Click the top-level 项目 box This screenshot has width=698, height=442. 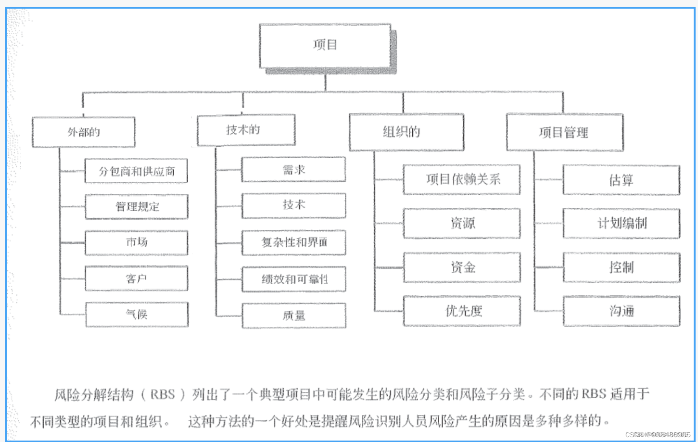[x=325, y=45]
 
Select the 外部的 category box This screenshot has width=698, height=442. [x=84, y=132]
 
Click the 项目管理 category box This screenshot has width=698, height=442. [x=564, y=132]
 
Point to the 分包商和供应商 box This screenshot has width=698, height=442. [x=136, y=171]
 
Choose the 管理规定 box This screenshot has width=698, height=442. [x=137, y=207]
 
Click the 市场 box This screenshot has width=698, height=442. [x=137, y=242]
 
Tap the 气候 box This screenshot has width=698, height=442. [x=137, y=315]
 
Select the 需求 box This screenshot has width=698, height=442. [x=293, y=169]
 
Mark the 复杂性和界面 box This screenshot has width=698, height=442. [x=294, y=242]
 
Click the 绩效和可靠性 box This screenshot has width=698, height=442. [x=294, y=279]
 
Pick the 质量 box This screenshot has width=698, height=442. [x=294, y=316]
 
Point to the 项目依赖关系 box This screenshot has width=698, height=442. [x=462, y=179]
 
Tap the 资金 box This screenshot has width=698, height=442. [x=462, y=267]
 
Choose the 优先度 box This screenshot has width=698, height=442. [x=462, y=311]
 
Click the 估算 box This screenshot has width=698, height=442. [x=621, y=180]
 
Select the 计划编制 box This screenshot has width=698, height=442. [x=621, y=223]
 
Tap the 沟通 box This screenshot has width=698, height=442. [x=621, y=311]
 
